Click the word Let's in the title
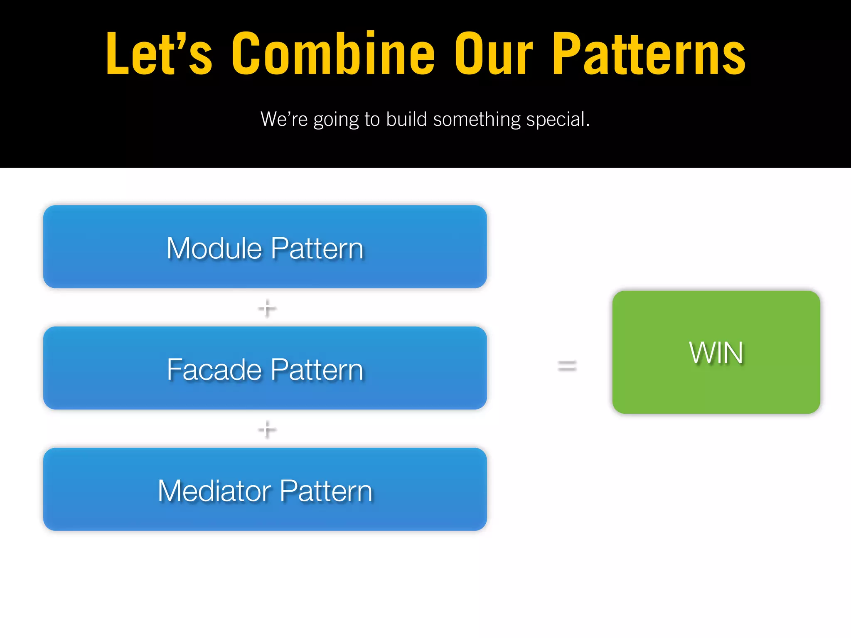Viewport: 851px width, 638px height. (159, 54)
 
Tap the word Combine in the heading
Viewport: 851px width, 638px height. (333, 54)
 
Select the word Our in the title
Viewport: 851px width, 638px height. (493, 54)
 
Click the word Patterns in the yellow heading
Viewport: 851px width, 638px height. (649, 54)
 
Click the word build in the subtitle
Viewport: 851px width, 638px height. (406, 119)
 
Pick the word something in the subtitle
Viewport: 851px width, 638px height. (477, 120)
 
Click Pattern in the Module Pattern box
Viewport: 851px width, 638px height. (317, 248)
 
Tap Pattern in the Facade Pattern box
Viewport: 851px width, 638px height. (317, 370)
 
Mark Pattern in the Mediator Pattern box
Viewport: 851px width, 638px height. (326, 491)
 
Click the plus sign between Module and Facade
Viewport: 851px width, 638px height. (267, 308)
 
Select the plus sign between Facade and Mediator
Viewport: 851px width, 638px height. (267, 429)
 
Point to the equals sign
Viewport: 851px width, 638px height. (567, 366)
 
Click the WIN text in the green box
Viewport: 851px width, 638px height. (716, 353)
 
